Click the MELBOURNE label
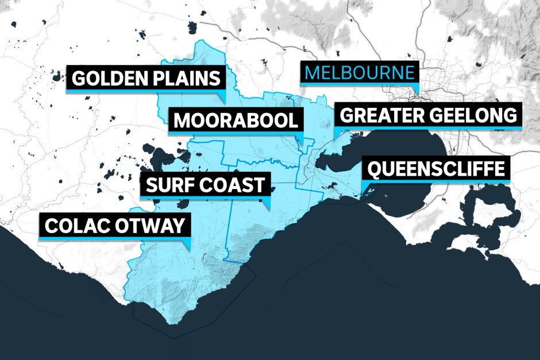coord(360,73)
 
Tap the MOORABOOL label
coord(236,121)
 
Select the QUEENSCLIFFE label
coord(437,169)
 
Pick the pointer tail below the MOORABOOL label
coord(299,138)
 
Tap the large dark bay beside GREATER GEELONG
coord(402,155)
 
